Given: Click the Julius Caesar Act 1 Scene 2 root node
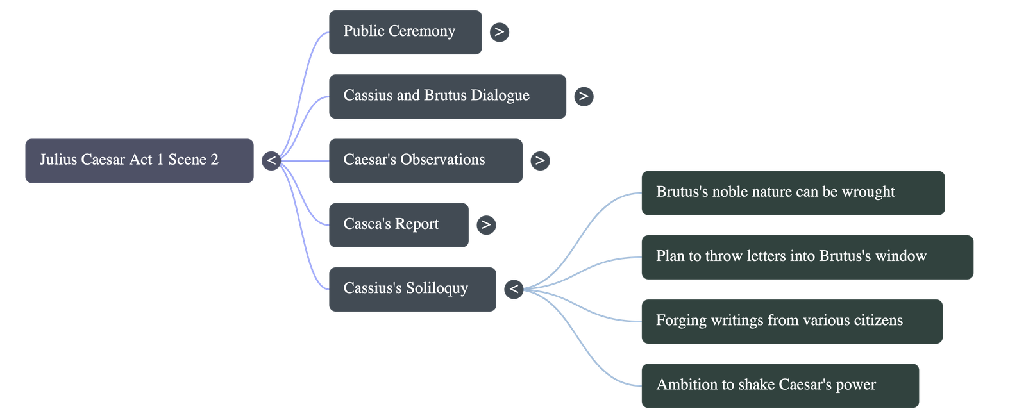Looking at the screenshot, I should click(139, 160).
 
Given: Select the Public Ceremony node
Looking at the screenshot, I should click(405, 31).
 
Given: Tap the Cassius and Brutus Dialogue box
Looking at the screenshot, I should click(447, 96).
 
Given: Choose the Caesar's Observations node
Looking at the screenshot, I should click(425, 160).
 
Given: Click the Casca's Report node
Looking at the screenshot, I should click(398, 224).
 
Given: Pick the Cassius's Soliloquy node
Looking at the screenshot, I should click(412, 288).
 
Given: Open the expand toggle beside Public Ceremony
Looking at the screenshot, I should click(500, 31).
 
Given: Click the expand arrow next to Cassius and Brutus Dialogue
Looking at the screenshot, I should click(583, 96).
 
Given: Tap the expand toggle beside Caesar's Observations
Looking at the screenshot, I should click(540, 160).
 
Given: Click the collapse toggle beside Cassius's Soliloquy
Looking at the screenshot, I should click(513, 289).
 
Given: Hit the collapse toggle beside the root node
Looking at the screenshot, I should click(271, 160).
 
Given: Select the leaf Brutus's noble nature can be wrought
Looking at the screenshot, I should click(793, 192).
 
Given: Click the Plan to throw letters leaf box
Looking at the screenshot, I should click(807, 256).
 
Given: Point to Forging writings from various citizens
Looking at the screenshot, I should click(792, 321).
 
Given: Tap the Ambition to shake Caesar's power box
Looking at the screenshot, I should click(780, 385).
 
